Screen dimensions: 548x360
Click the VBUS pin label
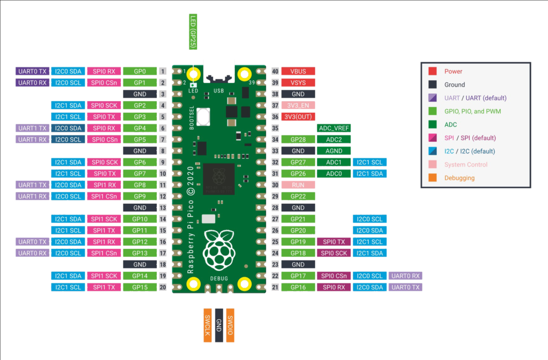pyautogui.click(x=298, y=71)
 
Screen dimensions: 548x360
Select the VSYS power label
pyautogui.click(x=298, y=83)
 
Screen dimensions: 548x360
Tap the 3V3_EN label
pyautogui.click(x=298, y=105)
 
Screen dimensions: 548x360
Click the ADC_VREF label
pyautogui.click(x=334, y=128)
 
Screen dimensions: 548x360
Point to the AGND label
pyautogui.click(x=334, y=151)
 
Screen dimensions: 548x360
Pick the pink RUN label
pyautogui.click(x=298, y=185)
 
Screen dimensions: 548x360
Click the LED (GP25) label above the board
pyautogui.click(x=193, y=32)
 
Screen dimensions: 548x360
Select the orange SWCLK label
pyautogui.click(x=208, y=325)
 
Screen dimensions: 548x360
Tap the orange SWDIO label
pyautogui.click(x=230, y=325)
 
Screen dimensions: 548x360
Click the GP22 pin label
pyautogui.click(x=298, y=196)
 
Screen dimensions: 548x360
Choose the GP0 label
pyautogui.click(x=140, y=71)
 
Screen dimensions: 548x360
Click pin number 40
pyautogui.click(x=276, y=71)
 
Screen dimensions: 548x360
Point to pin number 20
pyautogui.click(x=163, y=287)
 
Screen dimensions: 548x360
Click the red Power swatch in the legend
pyautogui.click(x=432, y=71)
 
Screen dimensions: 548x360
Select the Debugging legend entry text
pyautogui.click(x=460, y=178)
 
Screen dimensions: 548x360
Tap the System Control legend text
pyautogui.click(x=466, y=164)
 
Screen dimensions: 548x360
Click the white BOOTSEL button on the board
pyautogui.click(x=203, y=117)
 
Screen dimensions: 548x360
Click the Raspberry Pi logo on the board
pyautogui.click(x=219, y=250)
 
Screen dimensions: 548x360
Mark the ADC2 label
pyautogui.click(x=334, y=140)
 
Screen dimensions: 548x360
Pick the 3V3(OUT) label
pyautogui.click(x=298, y=117)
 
